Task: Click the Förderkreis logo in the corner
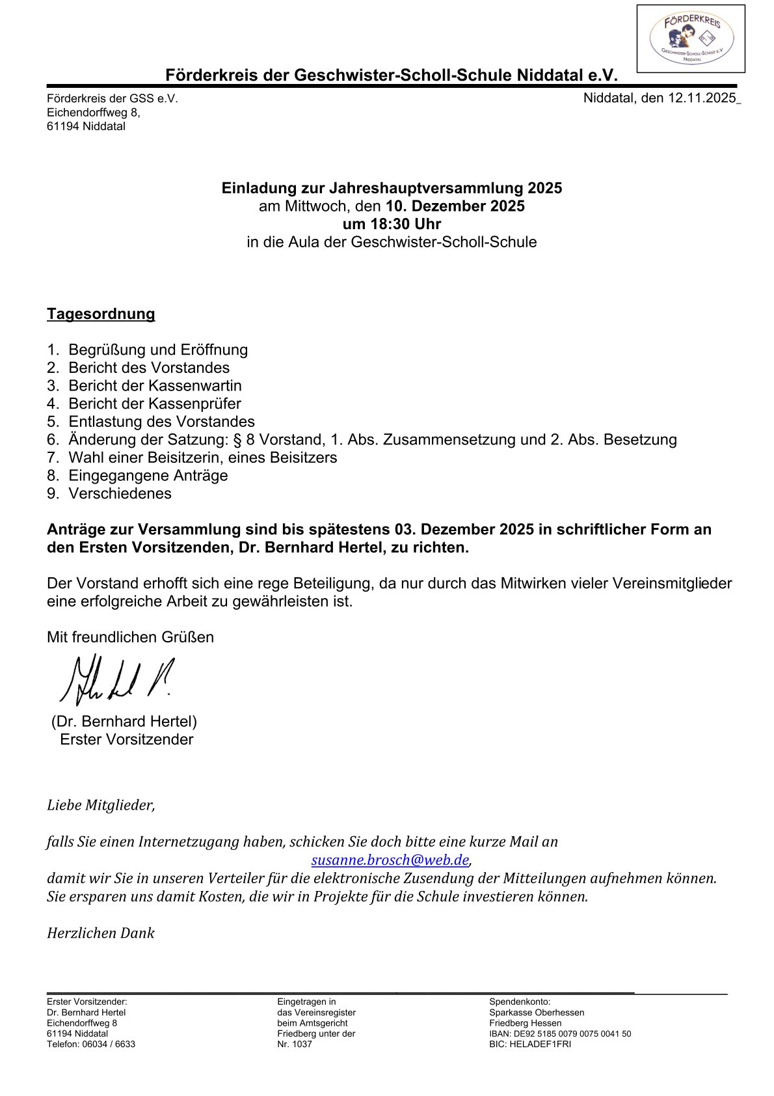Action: (x=691, y=38)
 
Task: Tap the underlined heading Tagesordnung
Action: (x=101, y=314)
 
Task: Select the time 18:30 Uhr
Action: (x=392, y=225)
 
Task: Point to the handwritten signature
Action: (x=117, y=680)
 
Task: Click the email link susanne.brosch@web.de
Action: (x=390, y=860)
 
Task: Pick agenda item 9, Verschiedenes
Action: (x=120, y=493)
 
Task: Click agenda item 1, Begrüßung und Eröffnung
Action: (x=158, y=350)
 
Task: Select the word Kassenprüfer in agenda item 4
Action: (x=194, y=404)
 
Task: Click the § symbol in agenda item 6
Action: (x=237, y=440)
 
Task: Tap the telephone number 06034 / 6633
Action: (x=109, y=1044)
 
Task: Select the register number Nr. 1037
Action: (x=295, y=1044)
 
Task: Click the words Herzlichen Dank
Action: (x=101, y=933)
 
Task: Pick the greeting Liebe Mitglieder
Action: (x=101, y=806)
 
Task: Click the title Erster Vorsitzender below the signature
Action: (x=126, y=740)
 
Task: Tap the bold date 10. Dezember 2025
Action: (x=455, y=206)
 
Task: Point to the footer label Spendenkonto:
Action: (x=520, y=1002)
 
